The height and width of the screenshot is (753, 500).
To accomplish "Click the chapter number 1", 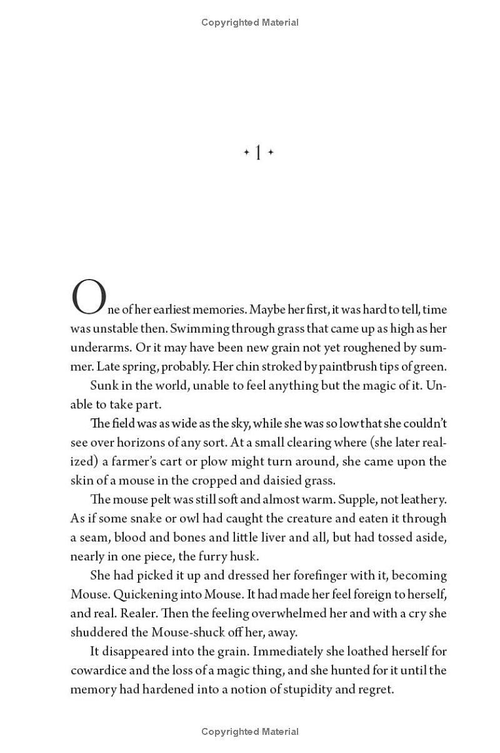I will click(x=258, y=153).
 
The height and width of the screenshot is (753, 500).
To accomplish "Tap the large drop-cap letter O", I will click(x=89, y=298).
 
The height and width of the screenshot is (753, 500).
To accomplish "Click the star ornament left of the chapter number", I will click(x=246, y=152).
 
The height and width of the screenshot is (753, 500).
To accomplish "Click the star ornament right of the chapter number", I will click(x=271, y=152).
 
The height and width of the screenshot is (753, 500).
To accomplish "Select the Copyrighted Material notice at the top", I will click(x=250, y=23).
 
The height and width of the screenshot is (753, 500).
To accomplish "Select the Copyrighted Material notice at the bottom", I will click(x=250, y=732).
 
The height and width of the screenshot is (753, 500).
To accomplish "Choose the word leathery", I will click(x=418, y=500).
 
